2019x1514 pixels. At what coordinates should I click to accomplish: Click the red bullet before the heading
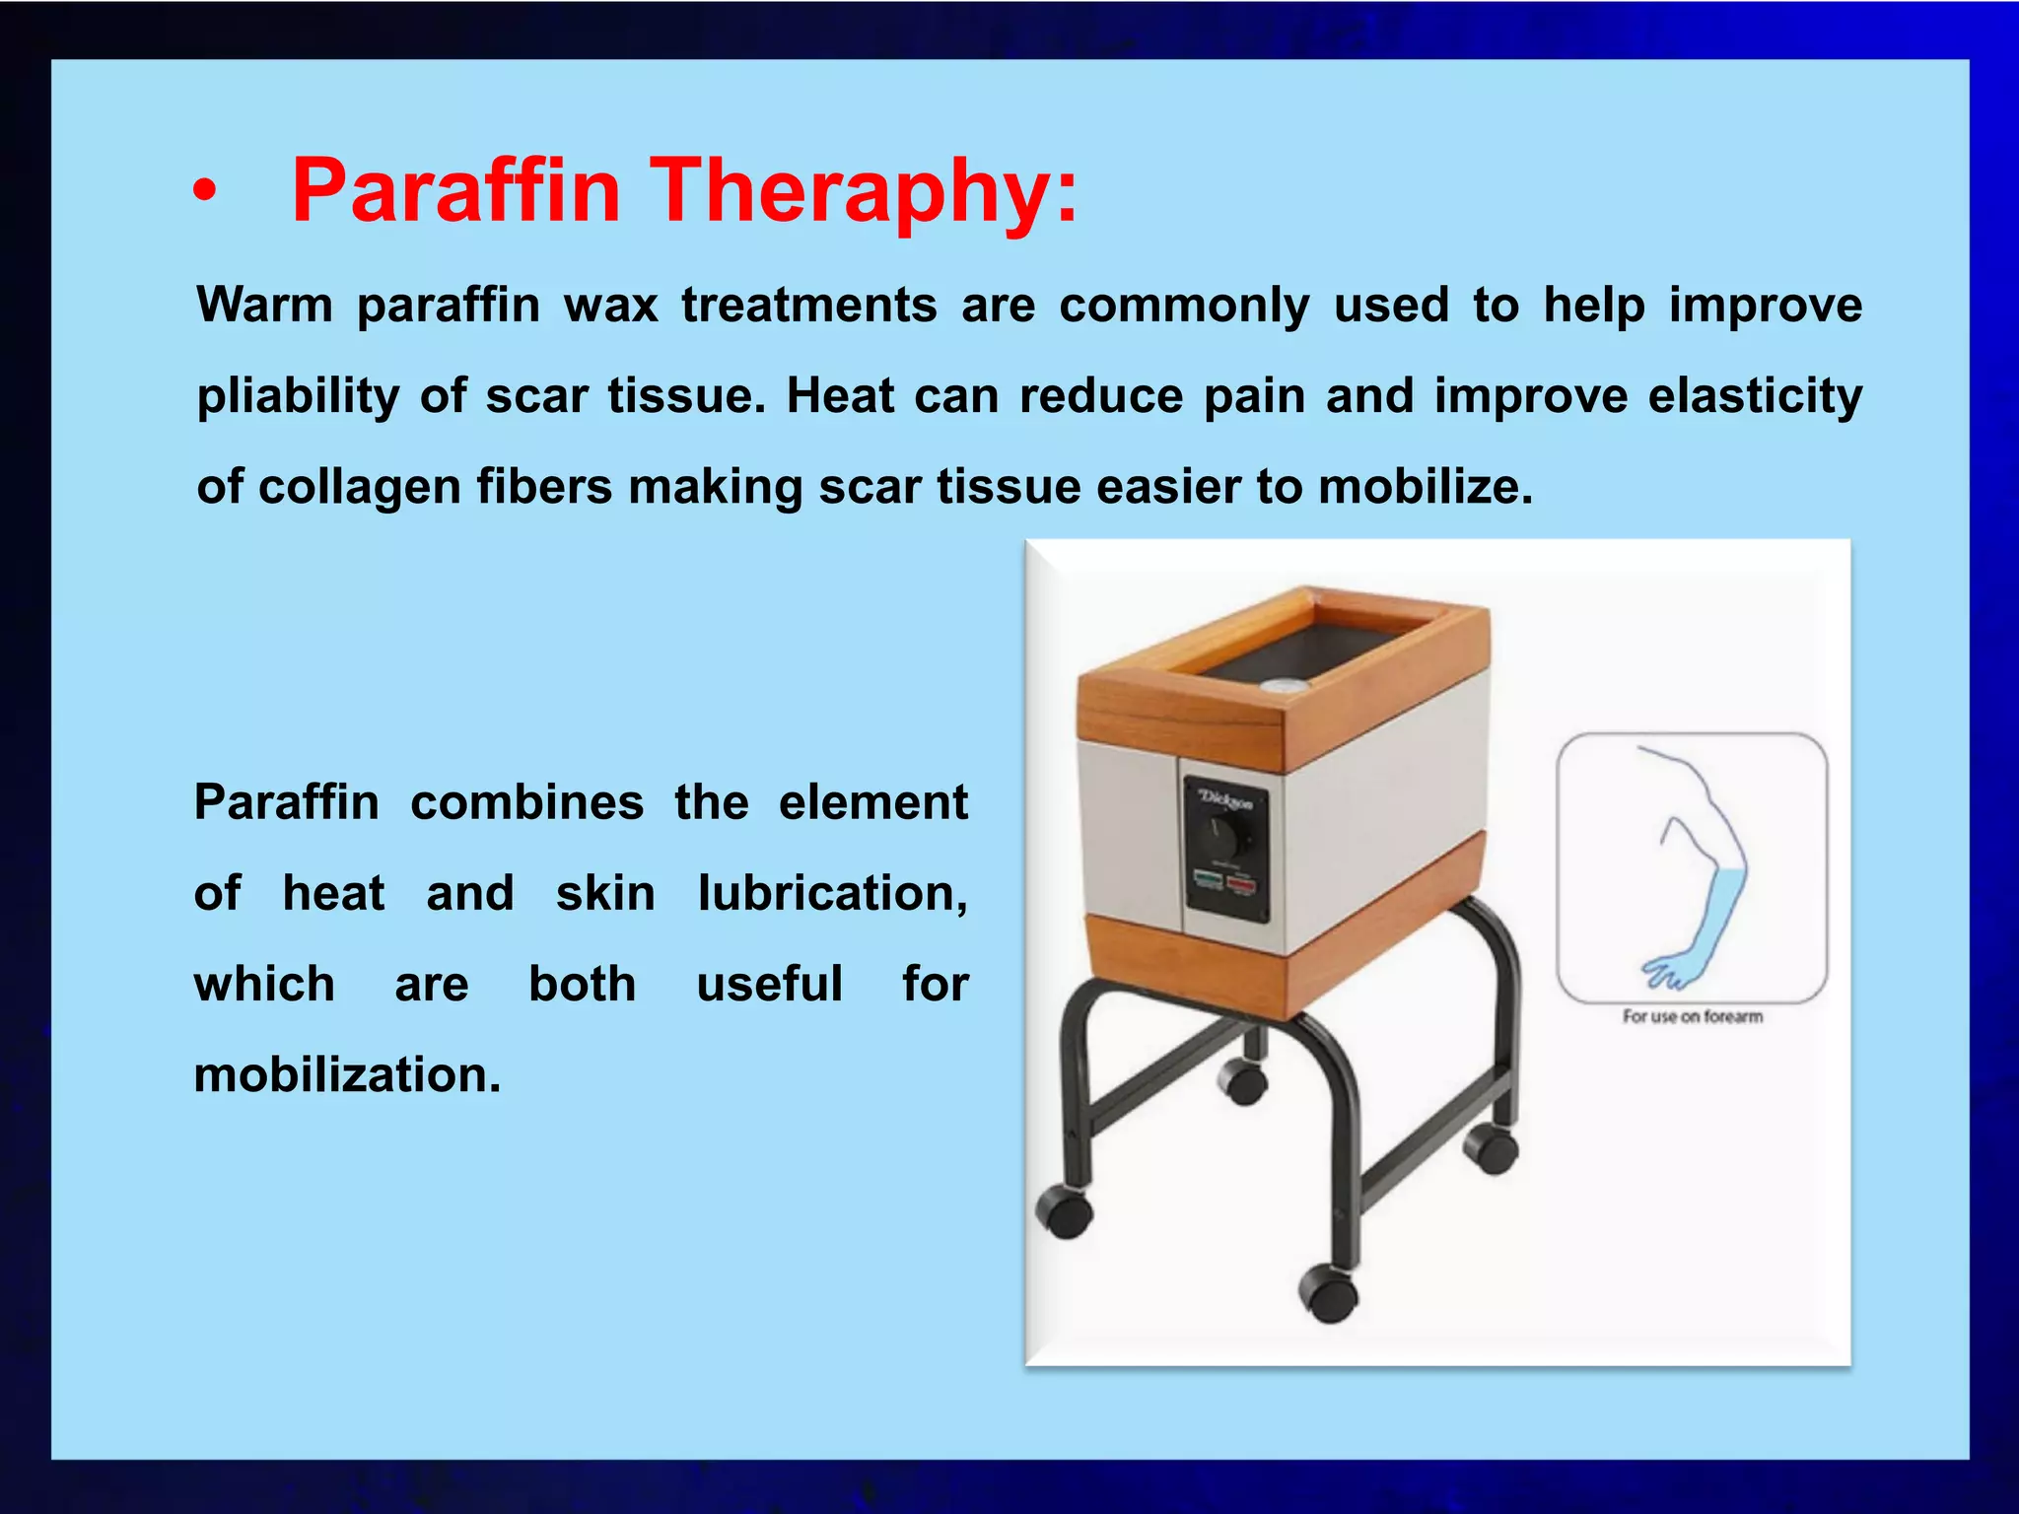click(204, 191)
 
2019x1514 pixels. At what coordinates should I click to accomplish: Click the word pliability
click(298, 396)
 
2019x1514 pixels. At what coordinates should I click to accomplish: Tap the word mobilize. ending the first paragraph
click(1426, 487)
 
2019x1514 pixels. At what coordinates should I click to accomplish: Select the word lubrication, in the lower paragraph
click(832, 893)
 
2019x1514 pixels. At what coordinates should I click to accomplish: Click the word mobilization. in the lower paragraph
click(347, 1074)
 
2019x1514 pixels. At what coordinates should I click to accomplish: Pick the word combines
click(526, 802)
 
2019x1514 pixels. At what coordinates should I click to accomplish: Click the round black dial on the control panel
click(1226, 838)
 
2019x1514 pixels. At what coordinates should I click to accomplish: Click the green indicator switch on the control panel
click(1209, 877)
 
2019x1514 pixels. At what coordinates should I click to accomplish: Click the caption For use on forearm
click(1692, 1016)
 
